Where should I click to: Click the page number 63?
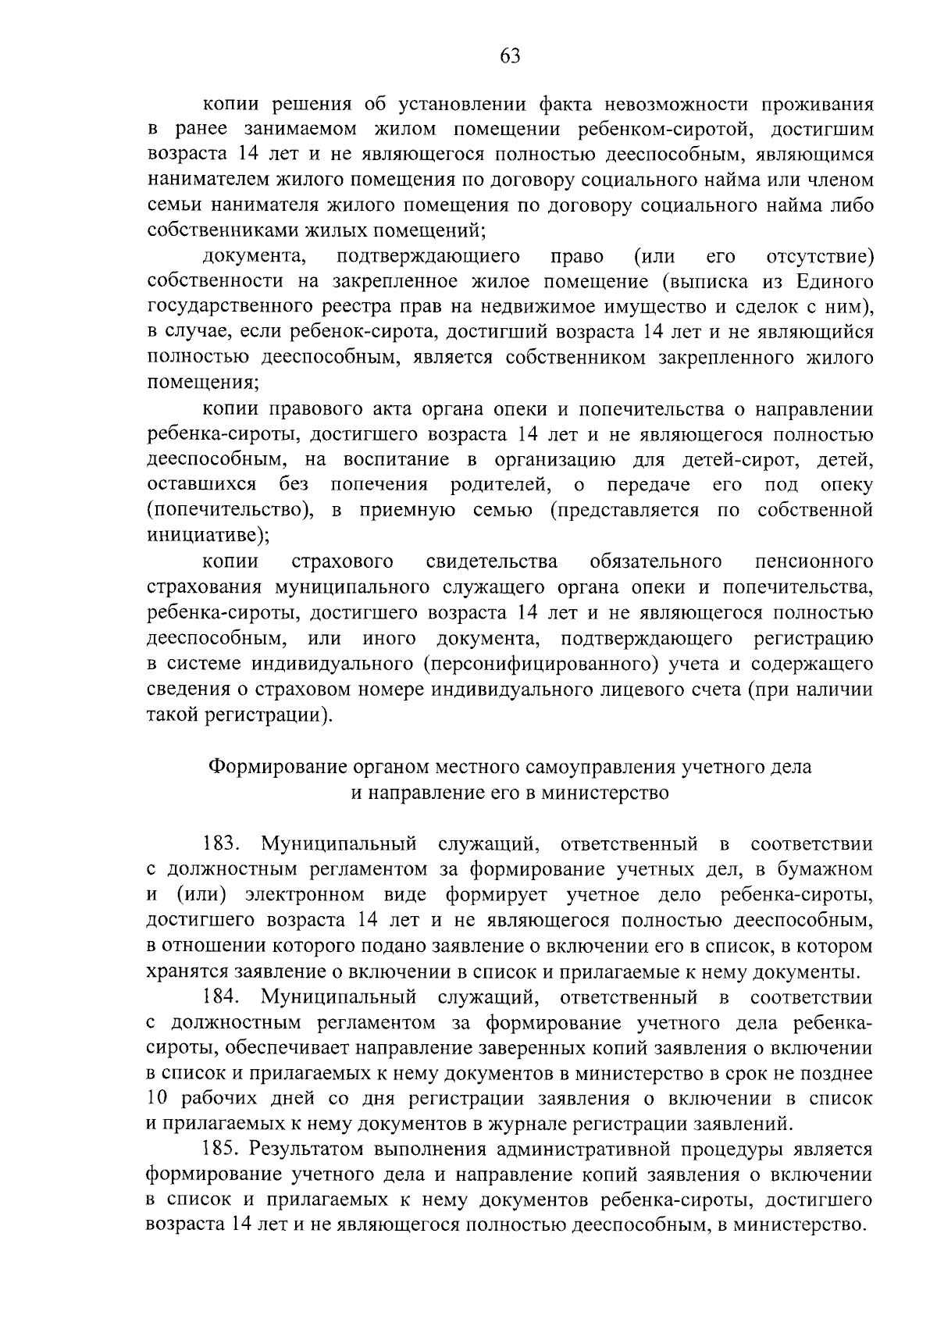(x=508, y=55)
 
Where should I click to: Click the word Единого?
(x=835, y=281)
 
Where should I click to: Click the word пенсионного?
(x=813, y=561)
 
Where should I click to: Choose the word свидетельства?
(x=492, y=561)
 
